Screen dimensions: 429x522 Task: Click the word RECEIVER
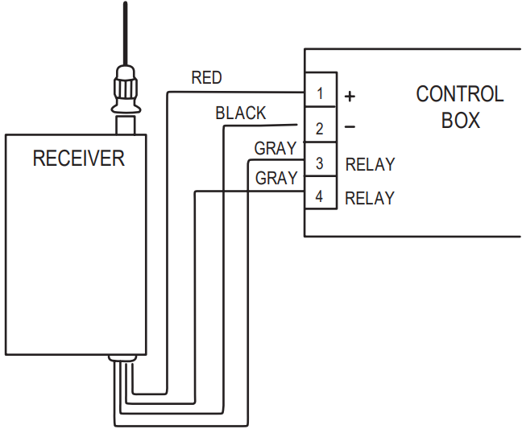(78, 158)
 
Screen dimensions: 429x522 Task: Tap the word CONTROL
(459, 94)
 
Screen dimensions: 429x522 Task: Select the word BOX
(460, 121)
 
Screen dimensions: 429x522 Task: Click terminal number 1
(320, 94)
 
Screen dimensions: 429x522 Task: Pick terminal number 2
(320, 129)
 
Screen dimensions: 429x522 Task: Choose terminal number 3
(320, 163)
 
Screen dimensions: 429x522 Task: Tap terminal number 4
(320, 197)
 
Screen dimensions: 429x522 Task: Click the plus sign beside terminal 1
(350, 96)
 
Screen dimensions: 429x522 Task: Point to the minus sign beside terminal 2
(350, 128)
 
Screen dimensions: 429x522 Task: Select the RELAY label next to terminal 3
(370, 164)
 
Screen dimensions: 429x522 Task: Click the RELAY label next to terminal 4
(370, 198)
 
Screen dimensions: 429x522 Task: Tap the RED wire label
(206, 78)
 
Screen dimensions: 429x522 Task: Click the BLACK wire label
(240, 113)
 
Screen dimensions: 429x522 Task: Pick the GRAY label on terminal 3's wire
(275, 148)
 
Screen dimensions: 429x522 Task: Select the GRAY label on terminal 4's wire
(275, 179)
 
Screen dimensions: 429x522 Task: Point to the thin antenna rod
(125, 32)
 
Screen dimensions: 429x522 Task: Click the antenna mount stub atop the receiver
(126, 124)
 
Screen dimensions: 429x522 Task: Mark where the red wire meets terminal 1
(304, 92)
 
